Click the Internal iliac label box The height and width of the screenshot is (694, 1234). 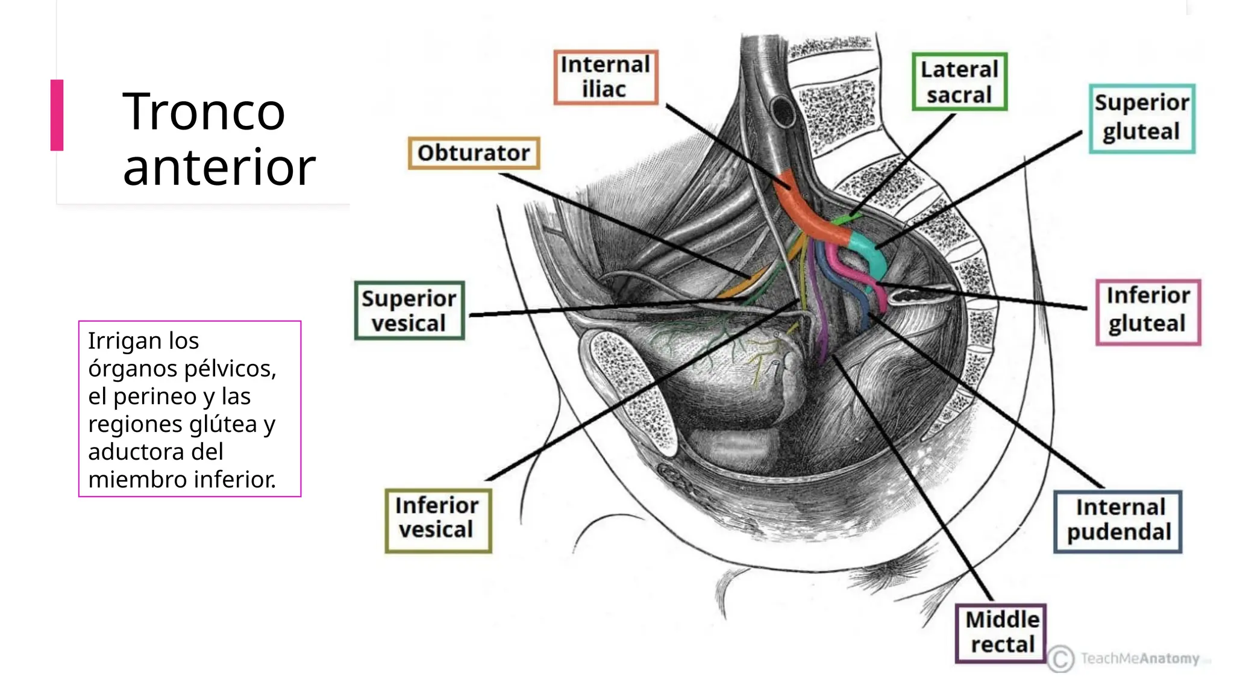[x=606, y=77]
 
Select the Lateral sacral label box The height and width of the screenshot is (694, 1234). [x=959, y=82]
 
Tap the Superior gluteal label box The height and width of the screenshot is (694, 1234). [x=1142, y=118]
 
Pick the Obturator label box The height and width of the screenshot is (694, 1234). [x=474, y=153]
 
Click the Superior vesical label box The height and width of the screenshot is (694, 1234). [x=409, y=311]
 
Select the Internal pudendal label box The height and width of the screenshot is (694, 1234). [x=1118, y=520]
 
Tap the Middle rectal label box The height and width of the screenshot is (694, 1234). [x=1001, y=632]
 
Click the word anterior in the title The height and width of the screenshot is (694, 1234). [x=219, y=167]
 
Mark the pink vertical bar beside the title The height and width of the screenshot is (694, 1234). [x=57, y=114]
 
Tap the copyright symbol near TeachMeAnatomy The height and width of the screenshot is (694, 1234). [x=1060, y=658]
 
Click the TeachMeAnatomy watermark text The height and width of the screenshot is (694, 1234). [x=1140, y=658]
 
